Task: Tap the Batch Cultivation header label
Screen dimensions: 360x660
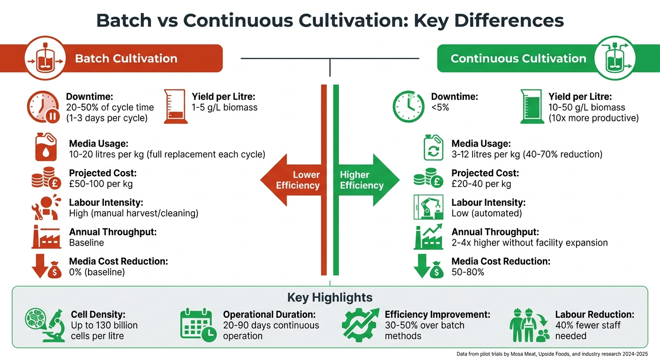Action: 126,59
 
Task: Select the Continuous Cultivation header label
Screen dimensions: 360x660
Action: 518,59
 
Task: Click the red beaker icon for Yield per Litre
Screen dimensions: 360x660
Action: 175,107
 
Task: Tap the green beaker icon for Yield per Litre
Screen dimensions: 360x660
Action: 532,107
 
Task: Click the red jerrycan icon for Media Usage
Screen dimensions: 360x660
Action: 46,147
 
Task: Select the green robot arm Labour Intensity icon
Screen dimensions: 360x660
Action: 428,207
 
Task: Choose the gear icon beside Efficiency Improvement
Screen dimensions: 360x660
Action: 360,324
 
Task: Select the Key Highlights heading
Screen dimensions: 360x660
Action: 330,297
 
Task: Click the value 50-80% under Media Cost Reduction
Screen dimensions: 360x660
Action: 468,272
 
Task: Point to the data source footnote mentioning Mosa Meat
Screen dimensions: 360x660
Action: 552,354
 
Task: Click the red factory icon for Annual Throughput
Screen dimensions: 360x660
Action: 46,237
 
